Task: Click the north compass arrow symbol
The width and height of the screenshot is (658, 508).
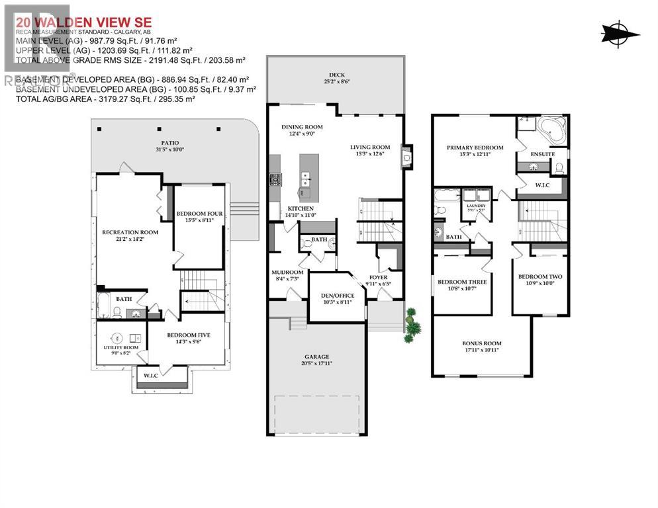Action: pyautogui.click(x=620, y=34)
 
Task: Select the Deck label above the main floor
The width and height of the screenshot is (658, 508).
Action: pyautogui.click(x=336, y=75)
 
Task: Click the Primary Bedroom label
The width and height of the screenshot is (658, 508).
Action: pyautogui.click(x=475, y=148)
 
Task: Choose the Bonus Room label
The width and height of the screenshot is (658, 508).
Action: pyautogui.click(x=481, y=343)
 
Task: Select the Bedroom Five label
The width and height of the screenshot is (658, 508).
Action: pyautogui.click(x=188, y=335)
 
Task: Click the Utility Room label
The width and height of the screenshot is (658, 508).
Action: pyautogui.click(x=120, y=347)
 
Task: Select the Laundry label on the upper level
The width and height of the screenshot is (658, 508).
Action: pyautogui.click(x=477, y=206)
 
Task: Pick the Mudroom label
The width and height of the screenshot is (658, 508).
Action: pyautogui.click(x=287, y=273)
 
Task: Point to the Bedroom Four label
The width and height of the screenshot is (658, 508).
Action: pyautogui.click(x=197, y=213)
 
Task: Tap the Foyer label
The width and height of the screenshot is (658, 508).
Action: pyautogui.click(x=379, y=278)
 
